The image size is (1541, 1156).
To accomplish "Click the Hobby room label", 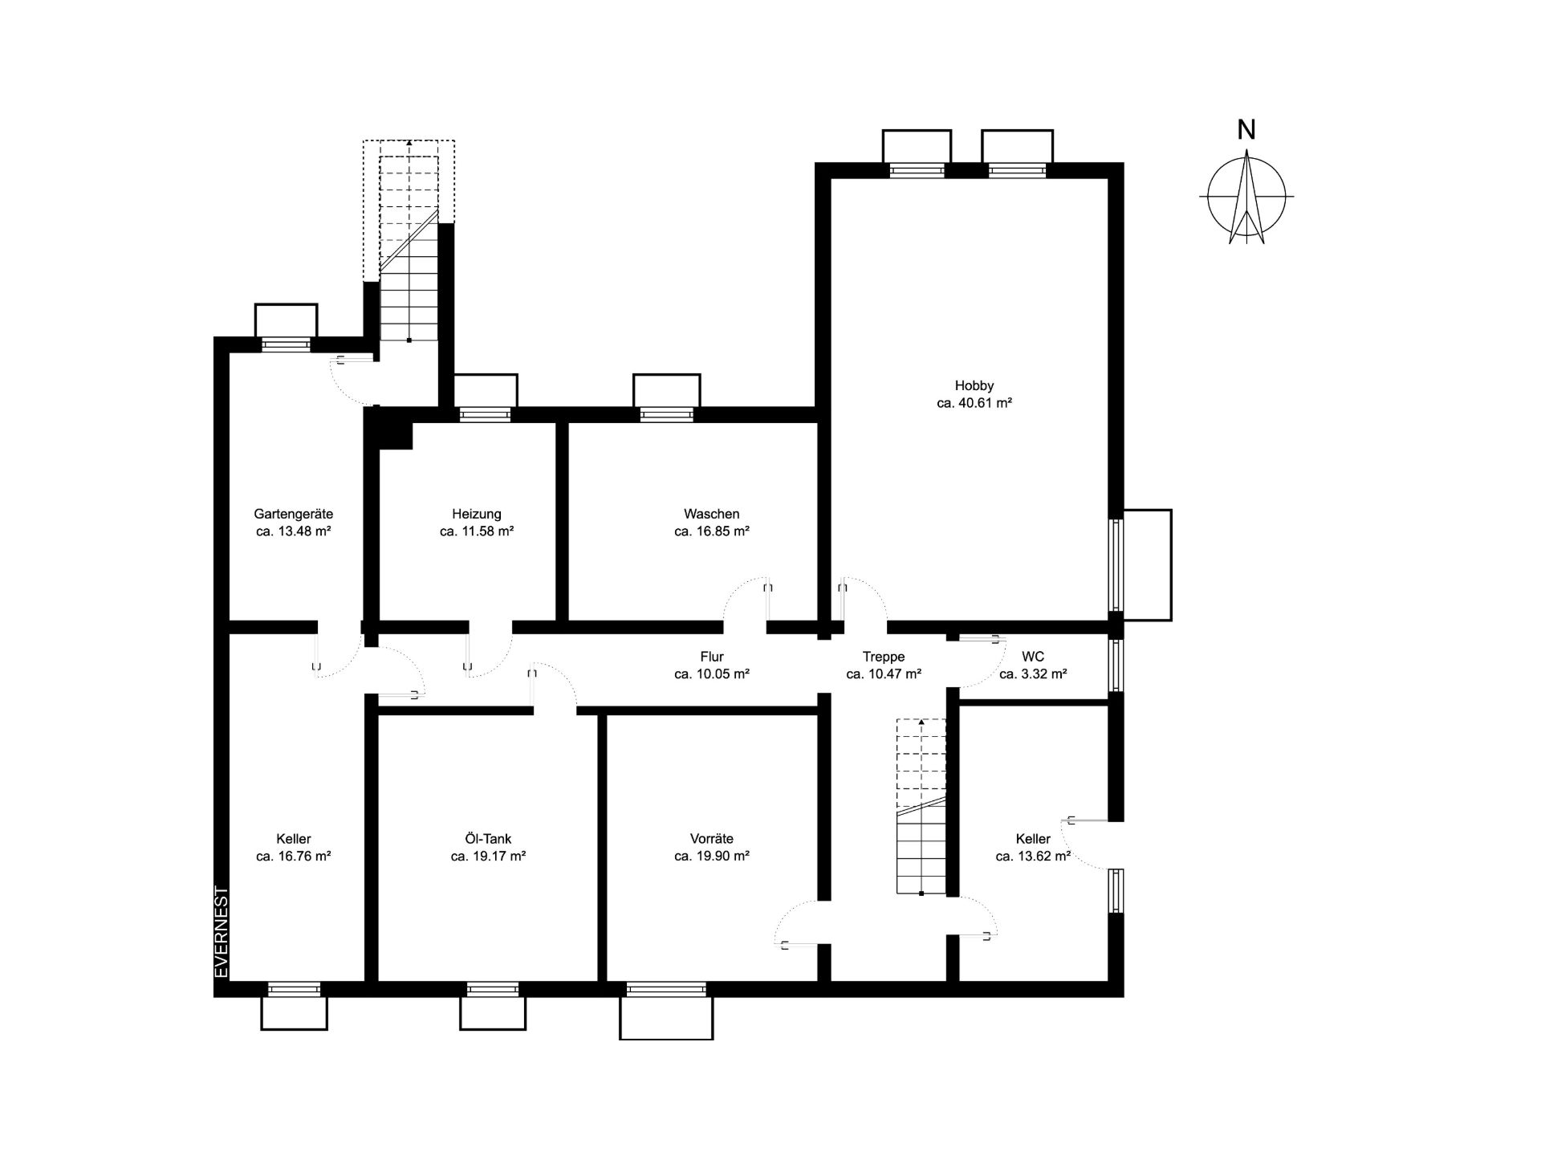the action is (x=974, y=385).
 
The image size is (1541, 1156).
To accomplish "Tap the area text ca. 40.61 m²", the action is (x=974, y=403).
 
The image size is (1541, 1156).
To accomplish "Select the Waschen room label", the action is (x=711, y=514).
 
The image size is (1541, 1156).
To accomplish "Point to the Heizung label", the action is (x=477, y=514).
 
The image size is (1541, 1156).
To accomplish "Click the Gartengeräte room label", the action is (x=294, y=514).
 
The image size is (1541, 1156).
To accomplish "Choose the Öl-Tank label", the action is (x=488, y=839).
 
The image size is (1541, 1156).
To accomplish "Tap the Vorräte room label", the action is (x=712, y=839).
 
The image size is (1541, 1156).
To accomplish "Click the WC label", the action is (x=1033, y=657).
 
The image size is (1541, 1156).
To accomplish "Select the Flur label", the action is (x=712, y=657).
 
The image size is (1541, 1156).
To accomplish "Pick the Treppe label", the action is (x=884, y=657).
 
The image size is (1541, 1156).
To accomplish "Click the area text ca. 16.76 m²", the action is (x=294, y=857).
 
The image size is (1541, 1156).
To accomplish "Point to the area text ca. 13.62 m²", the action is (x=1033, y=857).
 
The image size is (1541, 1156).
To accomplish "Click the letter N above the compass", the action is (x=1246, y=130).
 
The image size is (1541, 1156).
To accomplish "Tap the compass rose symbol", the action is (x=1246, y=197).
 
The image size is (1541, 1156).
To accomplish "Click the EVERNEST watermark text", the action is (x=222, y=932).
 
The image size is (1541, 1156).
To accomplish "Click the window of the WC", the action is (x=1116, y=665).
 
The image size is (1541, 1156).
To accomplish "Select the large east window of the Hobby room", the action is (x=1116, y=565).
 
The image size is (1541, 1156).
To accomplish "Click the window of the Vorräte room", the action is (x=666, y=989).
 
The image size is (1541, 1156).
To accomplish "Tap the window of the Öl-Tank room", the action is (x=492, y=989).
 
